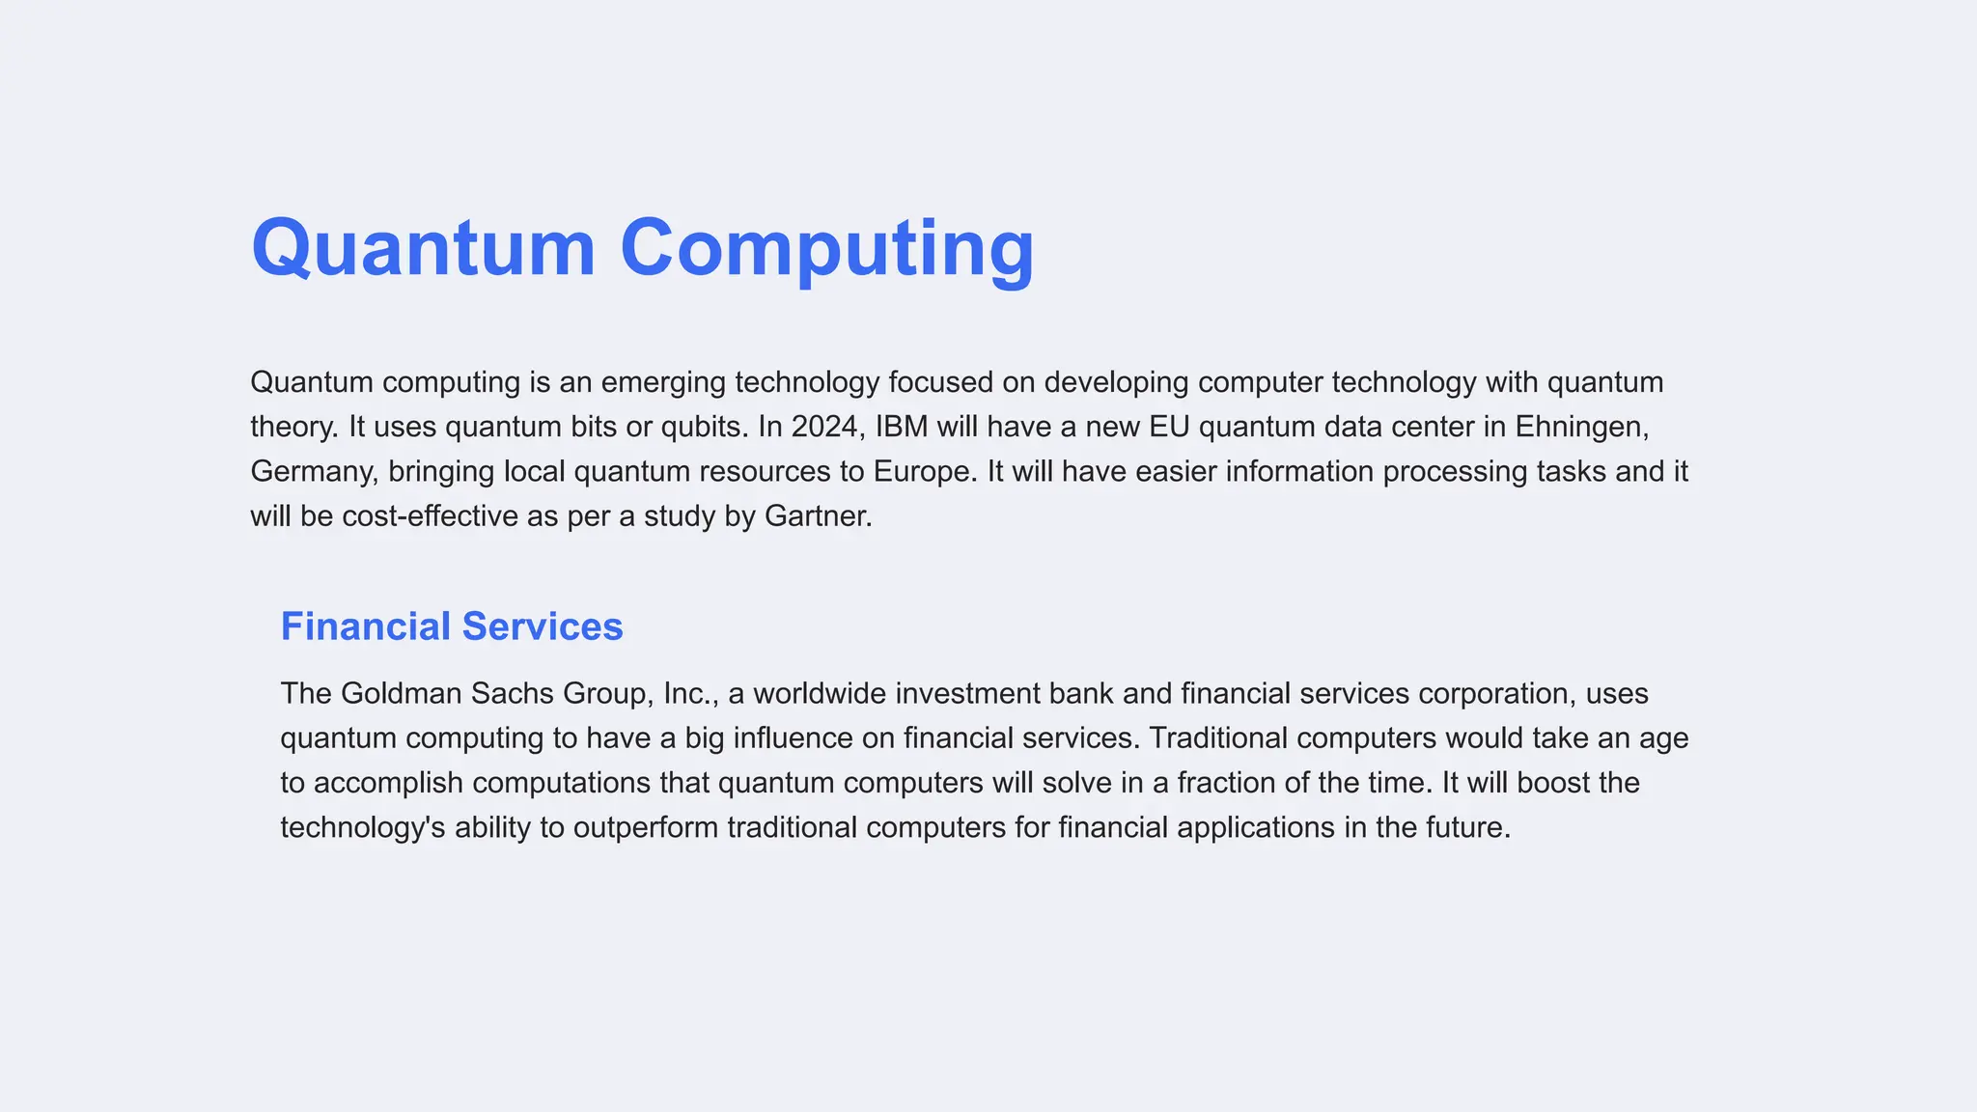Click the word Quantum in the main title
click(x=423, y=248)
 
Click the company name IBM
click(x=902, y=427)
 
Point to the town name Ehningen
click(x=1581, y=427)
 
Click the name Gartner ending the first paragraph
click(x=818, y=516)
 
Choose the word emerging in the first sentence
click(x=663, y=382)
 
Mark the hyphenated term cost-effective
click(x=430, y=516)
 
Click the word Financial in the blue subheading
click(x=366, y=626)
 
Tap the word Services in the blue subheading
click(x=543, y=626)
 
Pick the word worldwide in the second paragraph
click(x=820, y=694)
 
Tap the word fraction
click(x=1226, y=783)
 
